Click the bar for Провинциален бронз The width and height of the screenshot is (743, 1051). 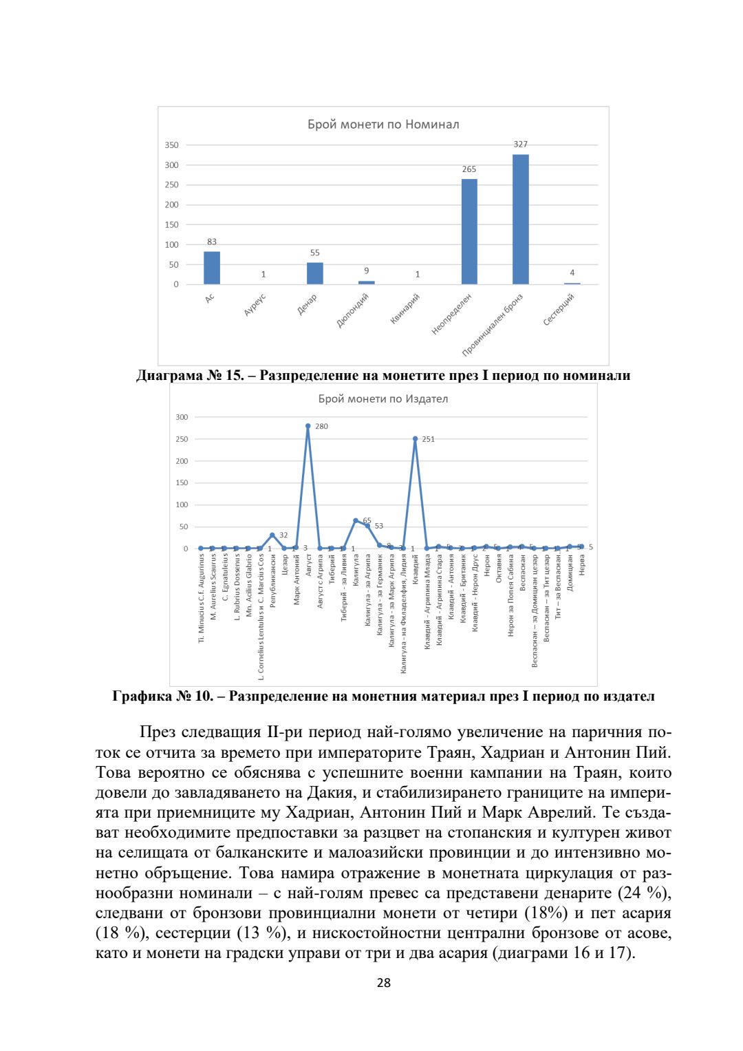[520, 219]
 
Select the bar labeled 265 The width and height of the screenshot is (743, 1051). [469, 231]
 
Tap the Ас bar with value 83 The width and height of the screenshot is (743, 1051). [212, 268]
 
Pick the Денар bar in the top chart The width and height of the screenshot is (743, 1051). [314, 273]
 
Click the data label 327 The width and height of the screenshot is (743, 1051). [521, 145]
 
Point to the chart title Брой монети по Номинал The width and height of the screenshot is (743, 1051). [383, 125]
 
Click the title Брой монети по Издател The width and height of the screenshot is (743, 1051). [383, 399]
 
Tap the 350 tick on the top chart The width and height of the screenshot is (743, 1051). [171, 145]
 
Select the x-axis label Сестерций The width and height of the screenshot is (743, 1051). [559, 310]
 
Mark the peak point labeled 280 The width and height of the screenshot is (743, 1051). [308, 426]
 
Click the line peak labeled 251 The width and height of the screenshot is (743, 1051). [415, 438]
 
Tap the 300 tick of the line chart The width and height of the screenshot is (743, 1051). [182, 417]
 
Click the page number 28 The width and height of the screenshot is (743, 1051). [384, 983]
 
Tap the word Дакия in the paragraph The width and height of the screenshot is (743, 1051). [316, 793]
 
